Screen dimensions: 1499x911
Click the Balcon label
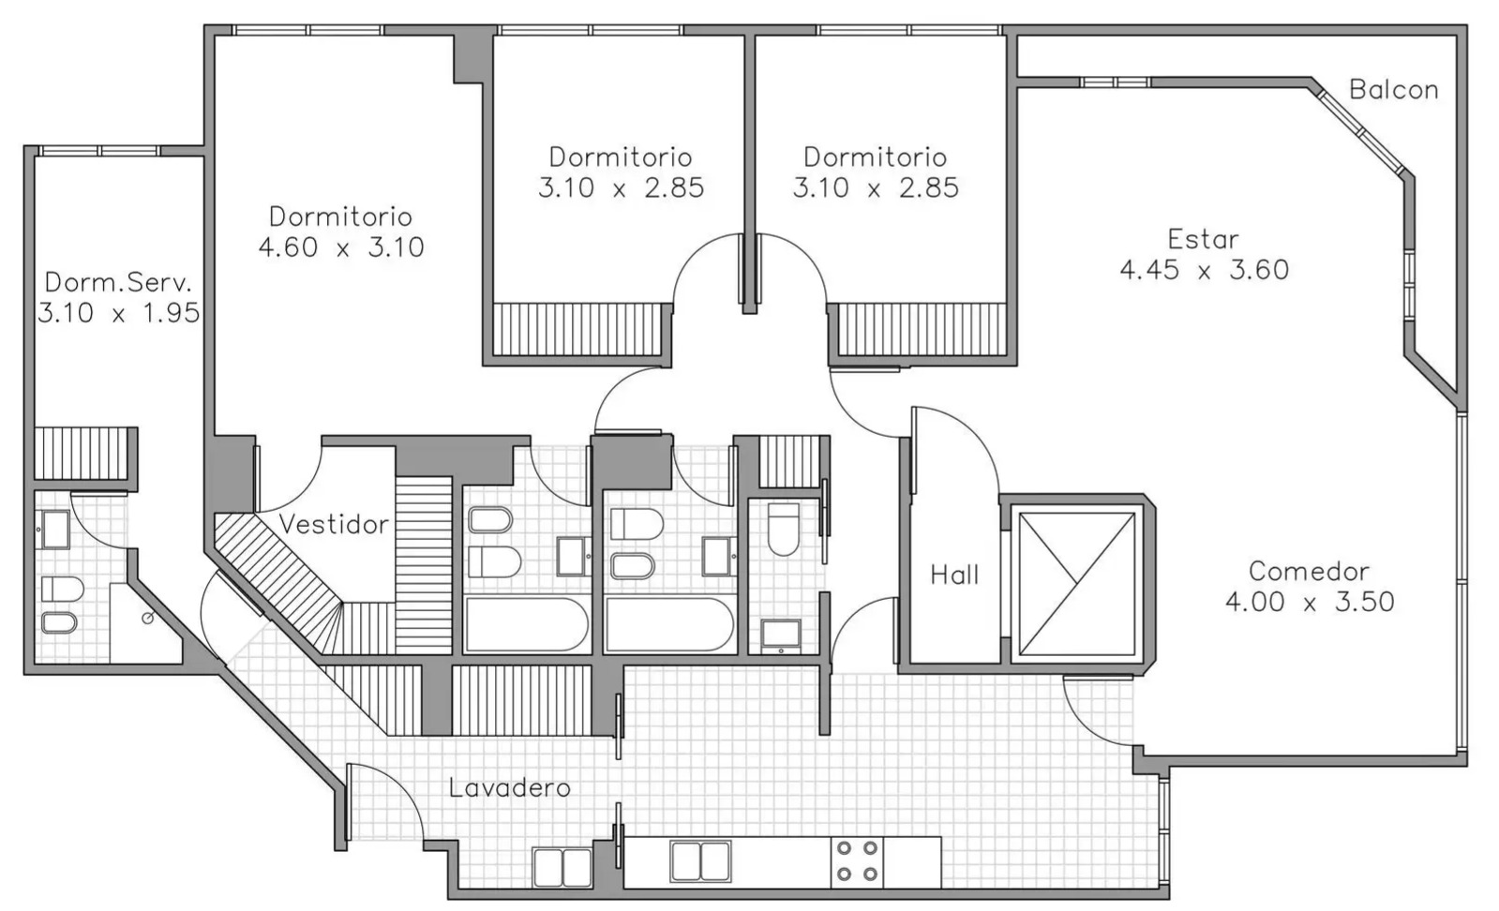coord(1393,90)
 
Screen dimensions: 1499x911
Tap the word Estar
coord(1203,239)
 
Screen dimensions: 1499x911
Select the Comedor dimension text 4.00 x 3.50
coord(1310,602)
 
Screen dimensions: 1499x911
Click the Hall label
coord(954,575)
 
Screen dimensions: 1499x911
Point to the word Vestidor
coord(333,525)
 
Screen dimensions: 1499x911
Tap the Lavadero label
coord(509,788)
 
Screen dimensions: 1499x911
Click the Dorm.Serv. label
coord(118,282)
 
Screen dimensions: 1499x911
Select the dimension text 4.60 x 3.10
coord(341,247)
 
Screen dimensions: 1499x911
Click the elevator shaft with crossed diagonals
coord(1076,584)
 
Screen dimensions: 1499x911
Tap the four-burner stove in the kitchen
coord(857,862)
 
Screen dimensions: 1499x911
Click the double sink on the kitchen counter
coord(700,861)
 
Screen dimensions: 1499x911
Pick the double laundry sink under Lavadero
coord(562,867)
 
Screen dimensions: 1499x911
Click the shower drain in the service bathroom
coord(148,619)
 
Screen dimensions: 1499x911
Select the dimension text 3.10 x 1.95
coord(118,313)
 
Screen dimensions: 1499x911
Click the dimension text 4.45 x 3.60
coord(1204,270)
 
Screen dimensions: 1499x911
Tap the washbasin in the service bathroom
coord(55,530)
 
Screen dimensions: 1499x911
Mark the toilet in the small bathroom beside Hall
coord(784,530)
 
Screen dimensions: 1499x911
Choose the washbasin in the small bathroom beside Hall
coord(781,635)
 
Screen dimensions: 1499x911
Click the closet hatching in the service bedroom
coord(81,454)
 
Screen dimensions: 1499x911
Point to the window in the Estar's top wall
coord(1116,82)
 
